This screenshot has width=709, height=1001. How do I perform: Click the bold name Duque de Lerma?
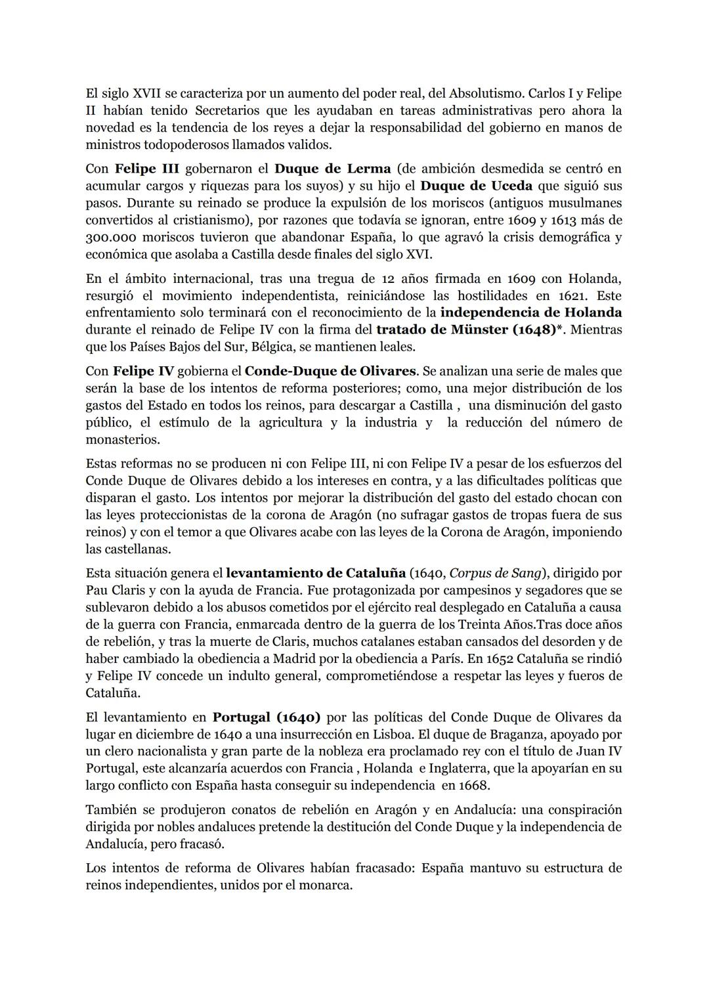coord(332,169)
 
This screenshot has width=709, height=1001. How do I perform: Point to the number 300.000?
coord(115,237)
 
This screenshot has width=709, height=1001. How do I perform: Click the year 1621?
coord(574,295)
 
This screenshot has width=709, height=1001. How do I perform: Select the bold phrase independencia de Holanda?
coord(531,312)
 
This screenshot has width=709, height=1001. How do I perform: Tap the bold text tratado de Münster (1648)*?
coord(470,330)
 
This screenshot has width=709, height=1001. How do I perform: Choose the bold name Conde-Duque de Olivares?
coord(330,371)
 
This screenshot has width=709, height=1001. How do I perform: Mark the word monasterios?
coord(123,439)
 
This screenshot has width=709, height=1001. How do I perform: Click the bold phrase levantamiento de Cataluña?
coord(315,573)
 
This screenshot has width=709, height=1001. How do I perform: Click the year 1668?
coord(474,785)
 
